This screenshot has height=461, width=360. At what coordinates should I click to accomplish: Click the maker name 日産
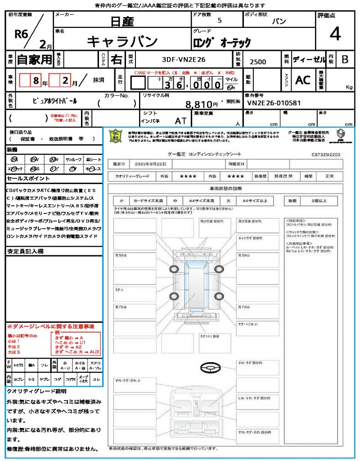pyautogui.click(x=122, y=21)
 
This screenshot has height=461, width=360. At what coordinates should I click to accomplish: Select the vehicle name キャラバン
pyautogui.click(x=122, y=41)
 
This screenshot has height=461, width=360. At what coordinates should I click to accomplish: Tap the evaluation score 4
pyautogui.click(x=335, y=34)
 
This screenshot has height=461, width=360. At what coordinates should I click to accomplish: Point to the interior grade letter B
pyautogui.click(x=345, y=59)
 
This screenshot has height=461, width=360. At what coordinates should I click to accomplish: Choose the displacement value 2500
pyautogui.click(x=258, y=62)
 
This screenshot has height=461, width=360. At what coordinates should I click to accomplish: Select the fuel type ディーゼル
pyautogui.click(x=309, y=59)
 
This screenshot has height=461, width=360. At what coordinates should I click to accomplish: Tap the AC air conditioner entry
pyautogui.click(x=303, y=80)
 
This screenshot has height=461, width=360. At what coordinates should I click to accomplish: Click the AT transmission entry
pyautogui.click(x=180, y=121)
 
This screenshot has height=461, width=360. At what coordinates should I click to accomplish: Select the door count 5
pyautogui.click(x=219, y=21)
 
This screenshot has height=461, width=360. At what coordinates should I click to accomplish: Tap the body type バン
pyautogui.click(x=279, y=21)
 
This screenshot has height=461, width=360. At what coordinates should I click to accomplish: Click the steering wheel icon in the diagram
pyautogui.click(x=209, y=368)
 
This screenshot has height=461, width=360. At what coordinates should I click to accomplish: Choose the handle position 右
pyautogui.click(x=116, y=59)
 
